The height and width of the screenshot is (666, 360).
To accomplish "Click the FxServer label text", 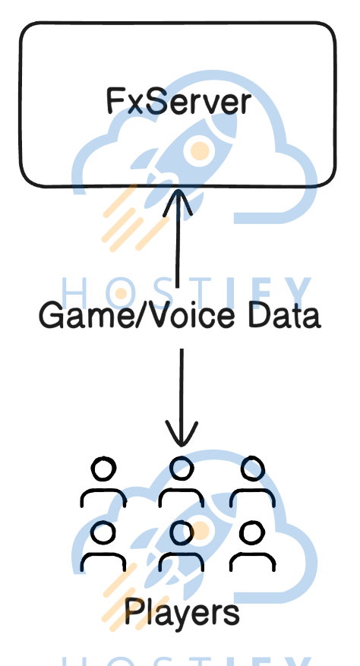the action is tap(179, 101).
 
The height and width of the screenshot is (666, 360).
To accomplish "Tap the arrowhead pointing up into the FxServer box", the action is tap(178, 202).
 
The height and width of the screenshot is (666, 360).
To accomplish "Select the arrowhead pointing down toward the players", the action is tap(182, 433).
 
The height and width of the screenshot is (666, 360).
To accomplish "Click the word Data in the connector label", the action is tap(284, 316).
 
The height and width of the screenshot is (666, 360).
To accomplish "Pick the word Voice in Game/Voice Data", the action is tap(188, 316).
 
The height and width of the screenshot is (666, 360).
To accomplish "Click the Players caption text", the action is tap(182, 614).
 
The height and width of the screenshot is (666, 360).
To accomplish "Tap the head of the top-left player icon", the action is tap(103, 469).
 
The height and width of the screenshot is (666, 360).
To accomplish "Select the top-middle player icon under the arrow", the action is tap(182, 482).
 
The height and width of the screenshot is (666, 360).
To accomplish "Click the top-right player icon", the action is tap(253, 482).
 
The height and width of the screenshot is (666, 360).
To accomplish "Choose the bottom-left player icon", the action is tap(103, 546).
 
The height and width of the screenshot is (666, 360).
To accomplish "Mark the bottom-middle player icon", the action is tap(182, 546).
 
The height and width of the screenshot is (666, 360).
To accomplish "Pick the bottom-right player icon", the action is tap(253, 546).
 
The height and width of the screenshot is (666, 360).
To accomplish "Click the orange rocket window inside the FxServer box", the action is tap(199, 151).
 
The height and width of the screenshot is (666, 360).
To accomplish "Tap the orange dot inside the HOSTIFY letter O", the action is tap(121, 293).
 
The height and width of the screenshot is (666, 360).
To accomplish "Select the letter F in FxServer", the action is tap(114, 101).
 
